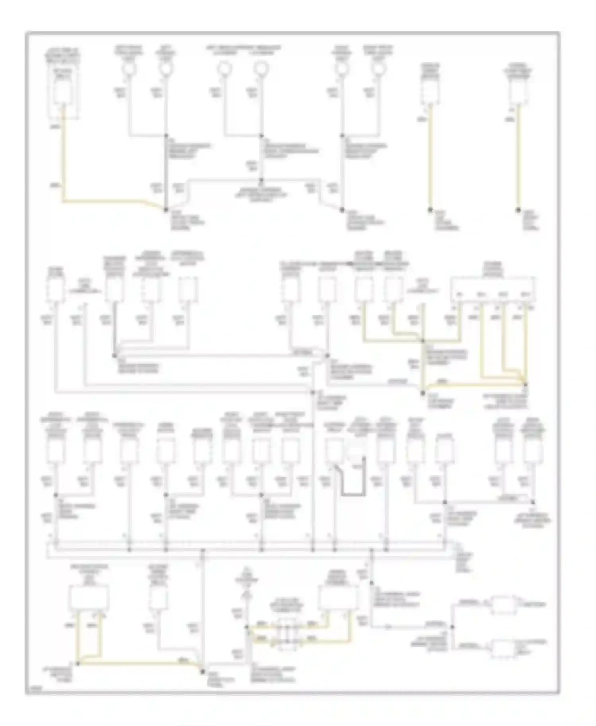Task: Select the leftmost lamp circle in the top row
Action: (x=129, y=69)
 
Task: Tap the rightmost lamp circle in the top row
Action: (x=379, y=69)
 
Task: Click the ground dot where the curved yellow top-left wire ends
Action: (x=166, y=210)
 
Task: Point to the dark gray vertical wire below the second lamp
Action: (x=166, y=171)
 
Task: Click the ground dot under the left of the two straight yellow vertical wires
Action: (x=430, y=210)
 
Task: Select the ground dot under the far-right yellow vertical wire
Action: (x=518, y=210)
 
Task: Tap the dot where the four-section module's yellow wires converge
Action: (x=525, y=384)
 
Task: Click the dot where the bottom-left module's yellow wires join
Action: (x=78, y=664)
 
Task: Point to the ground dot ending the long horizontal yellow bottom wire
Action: (x=203, y=672)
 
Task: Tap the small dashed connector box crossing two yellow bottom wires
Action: (x=287, y=634)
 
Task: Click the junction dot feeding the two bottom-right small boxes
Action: (x=453, y=627)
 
